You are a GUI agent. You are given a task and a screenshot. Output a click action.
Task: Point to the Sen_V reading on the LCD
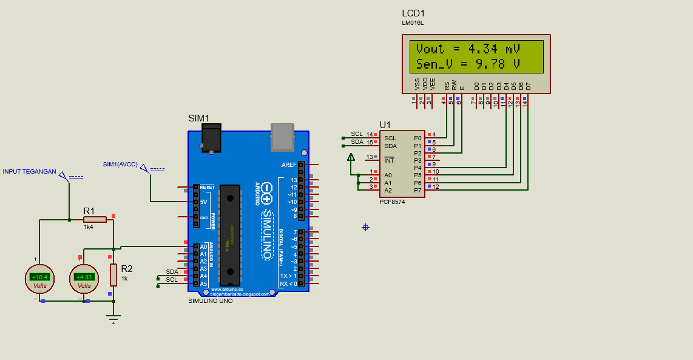(468, 64)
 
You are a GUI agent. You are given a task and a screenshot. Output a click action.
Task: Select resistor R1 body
(95, 219)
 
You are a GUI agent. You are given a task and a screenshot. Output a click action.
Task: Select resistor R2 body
(113, 274)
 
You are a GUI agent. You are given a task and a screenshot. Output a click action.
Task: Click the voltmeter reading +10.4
(39, 277)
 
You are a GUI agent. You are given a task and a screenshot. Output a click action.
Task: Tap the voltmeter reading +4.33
(84, 277)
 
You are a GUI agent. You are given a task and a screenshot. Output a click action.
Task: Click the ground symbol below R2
(113, 317)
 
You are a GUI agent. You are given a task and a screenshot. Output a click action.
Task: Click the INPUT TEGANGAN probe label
(29, 172)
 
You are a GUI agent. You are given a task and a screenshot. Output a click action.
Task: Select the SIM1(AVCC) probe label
(120, 164)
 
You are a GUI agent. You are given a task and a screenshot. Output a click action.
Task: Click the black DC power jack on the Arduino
(211, 138)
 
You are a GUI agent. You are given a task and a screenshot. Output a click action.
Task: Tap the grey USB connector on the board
(282, 137)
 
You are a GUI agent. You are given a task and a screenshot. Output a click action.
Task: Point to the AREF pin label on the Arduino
(289, 165)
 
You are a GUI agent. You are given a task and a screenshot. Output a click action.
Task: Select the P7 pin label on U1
(417, 190)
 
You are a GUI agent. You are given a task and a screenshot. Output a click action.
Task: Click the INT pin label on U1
(389, 161)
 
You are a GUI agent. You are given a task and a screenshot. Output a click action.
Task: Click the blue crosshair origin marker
(365, 227)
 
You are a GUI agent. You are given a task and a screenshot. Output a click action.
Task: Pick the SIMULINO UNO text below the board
(210, 301)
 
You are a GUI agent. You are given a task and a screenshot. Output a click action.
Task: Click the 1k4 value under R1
(88, 227)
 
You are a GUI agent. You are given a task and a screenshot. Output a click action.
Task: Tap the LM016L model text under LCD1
(413, 23)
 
